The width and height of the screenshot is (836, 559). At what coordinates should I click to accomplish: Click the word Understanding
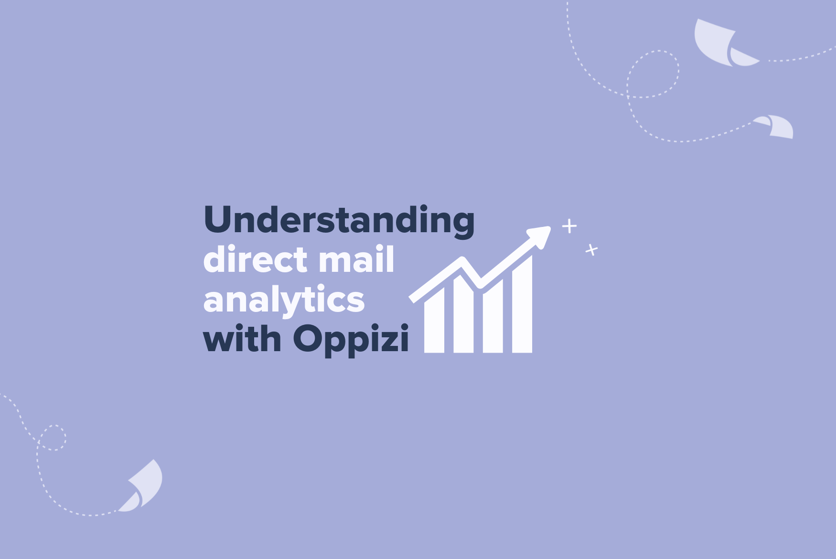tap(339, 221)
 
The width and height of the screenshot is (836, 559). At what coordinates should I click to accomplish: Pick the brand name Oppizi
tap(351, 340)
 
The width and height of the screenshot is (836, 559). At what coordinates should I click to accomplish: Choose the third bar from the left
tap(493, 316)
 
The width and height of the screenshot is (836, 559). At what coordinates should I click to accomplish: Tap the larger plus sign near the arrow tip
tap(569, 226)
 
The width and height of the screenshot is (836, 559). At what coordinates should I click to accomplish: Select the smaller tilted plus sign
tap(592, 249)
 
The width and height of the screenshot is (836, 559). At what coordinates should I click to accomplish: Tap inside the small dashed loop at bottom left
tap(52, 438)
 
